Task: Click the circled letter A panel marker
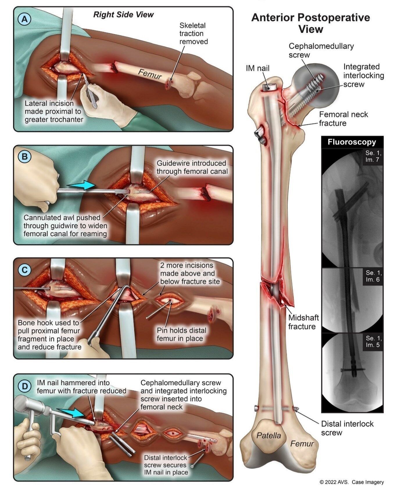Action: [x=24, y=19]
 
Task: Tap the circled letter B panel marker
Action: [x=24, y=157]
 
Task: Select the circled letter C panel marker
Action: [x=24, y=270]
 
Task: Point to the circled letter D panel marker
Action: [x=24, y=386]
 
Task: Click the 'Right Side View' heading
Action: [x=123, y=15]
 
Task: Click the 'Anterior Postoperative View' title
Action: [x=310, y=23]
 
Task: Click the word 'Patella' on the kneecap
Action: [x=269, y=435]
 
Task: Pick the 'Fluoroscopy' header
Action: [x=352, y=142]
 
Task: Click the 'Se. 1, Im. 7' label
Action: [x=373, y=156]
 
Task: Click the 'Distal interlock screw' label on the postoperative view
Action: [x=347, y=428]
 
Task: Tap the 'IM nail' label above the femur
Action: [x=257, y=68]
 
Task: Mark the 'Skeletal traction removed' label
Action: [x=193, y=33]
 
